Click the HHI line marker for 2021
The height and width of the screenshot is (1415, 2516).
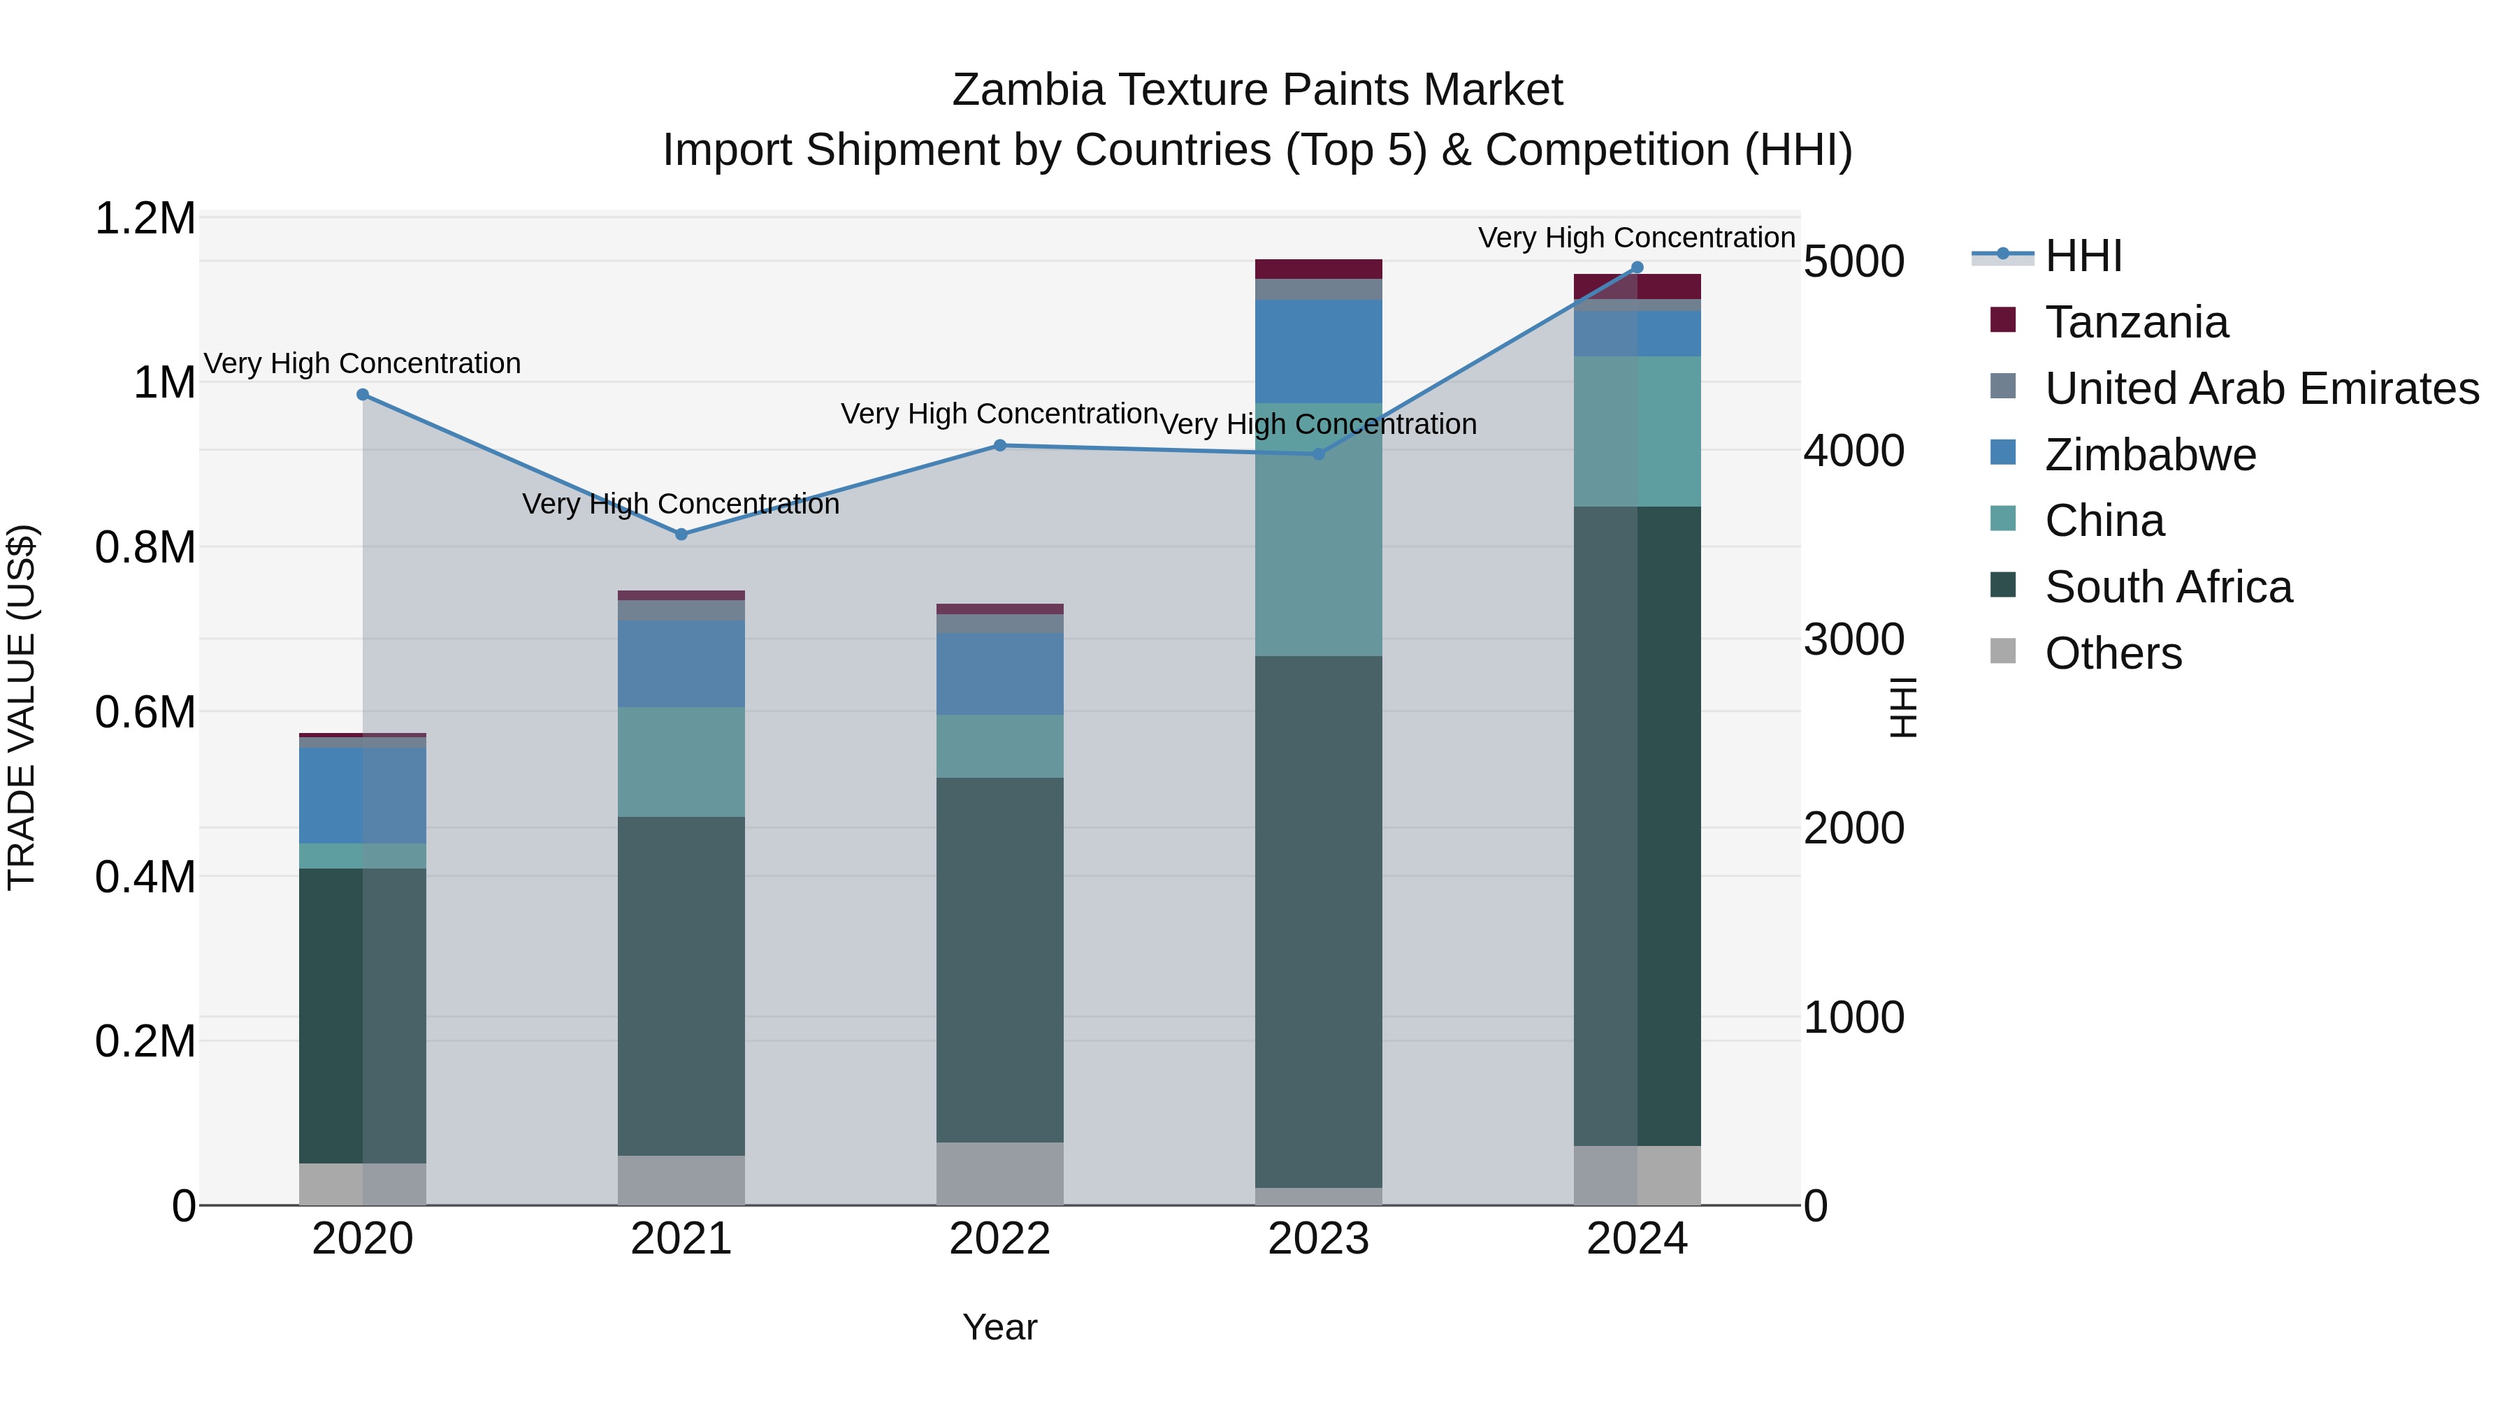(x=681, y=534)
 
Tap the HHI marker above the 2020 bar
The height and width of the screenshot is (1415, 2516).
(x=362, y=395)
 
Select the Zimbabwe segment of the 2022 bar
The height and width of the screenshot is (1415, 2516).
(x=999, y=674)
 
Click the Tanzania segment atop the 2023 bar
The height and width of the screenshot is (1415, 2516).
(x=1319, y=268)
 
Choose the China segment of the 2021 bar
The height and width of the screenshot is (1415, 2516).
(x=681, y=762)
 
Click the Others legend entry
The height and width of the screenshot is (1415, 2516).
(x=2113, y=653)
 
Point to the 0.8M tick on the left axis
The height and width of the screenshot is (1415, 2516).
(x=145, y=547)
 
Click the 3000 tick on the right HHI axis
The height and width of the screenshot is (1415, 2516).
(x=1853, y=639)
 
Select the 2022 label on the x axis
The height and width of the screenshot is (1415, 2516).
(x=999, y=1238)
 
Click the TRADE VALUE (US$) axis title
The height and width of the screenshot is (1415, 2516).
(x=22, y=707)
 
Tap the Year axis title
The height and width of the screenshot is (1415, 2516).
(x=999, y=1327)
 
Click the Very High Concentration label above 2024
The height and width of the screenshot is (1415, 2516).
(x=1636, y=238)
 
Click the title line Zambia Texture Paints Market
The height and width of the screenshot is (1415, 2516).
(x=1257, y=90)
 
